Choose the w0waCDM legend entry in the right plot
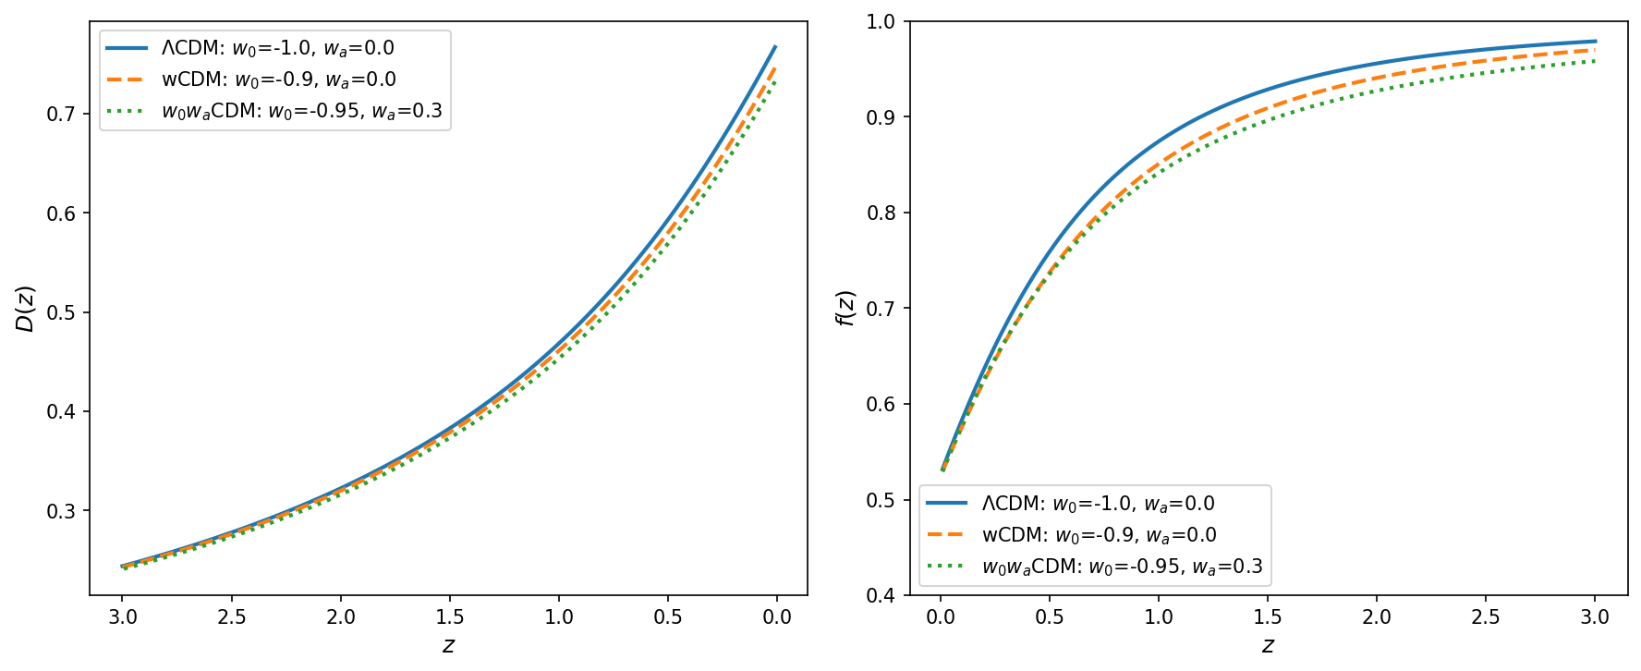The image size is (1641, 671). (1096, 567)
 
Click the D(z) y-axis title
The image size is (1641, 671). (25, 308)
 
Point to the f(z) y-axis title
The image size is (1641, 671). (845, 308)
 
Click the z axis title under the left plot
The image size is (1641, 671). (448, 645)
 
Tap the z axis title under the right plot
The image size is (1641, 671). (1268, 645)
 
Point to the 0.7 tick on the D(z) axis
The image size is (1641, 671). (62, 114)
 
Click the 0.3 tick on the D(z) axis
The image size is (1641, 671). (62, 511)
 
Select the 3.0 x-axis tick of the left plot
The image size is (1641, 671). (123, 617)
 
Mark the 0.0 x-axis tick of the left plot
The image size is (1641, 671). (777, 617)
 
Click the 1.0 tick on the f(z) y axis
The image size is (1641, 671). (881, 21)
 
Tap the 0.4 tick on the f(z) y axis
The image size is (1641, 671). (881, 595)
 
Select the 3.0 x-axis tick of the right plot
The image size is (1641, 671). (1595, 617)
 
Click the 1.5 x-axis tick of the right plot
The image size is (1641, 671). (1268, 617)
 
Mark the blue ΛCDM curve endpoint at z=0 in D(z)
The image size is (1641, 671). (775, 46)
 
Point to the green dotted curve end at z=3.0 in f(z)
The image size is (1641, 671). (1595, 61)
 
